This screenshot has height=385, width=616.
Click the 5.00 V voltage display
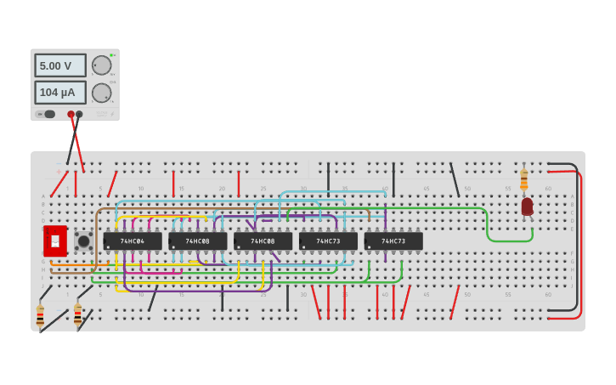pyautogui.click(x=59, y=65)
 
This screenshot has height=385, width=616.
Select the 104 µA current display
pyautogui.click(x=59, y=92)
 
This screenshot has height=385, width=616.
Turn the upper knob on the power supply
pyautogui.click(x=101, y=65)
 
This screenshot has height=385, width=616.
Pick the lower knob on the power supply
pyautogui.click(x=101, y=93)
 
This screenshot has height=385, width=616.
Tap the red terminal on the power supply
pyautogui.click(x=71, y=114)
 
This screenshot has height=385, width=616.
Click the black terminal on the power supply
pyautogui.click(x=79, y=114)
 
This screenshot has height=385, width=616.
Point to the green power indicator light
pyautogui.click(x=110, y=55)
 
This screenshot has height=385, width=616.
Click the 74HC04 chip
pyautogui.click(x=132, y=241)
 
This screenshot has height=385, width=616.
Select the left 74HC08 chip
pyautogui.click(x=197, y=241)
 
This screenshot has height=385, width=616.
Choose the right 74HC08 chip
pyautogui.click(x=263, y=241)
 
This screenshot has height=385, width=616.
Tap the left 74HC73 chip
pyautogui.click(x=328, y=241)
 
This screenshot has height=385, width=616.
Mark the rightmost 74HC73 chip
pyautogui.click(x=393, y=241)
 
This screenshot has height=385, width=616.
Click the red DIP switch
pyautogui.click(x=55, y=241)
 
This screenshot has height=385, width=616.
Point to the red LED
pyautogui.click(x=527, y=206)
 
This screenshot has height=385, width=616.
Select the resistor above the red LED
pyautogui.click(x=523, y=179)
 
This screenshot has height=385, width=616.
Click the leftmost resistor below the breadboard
pyautogui.click(x=40, y=315)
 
